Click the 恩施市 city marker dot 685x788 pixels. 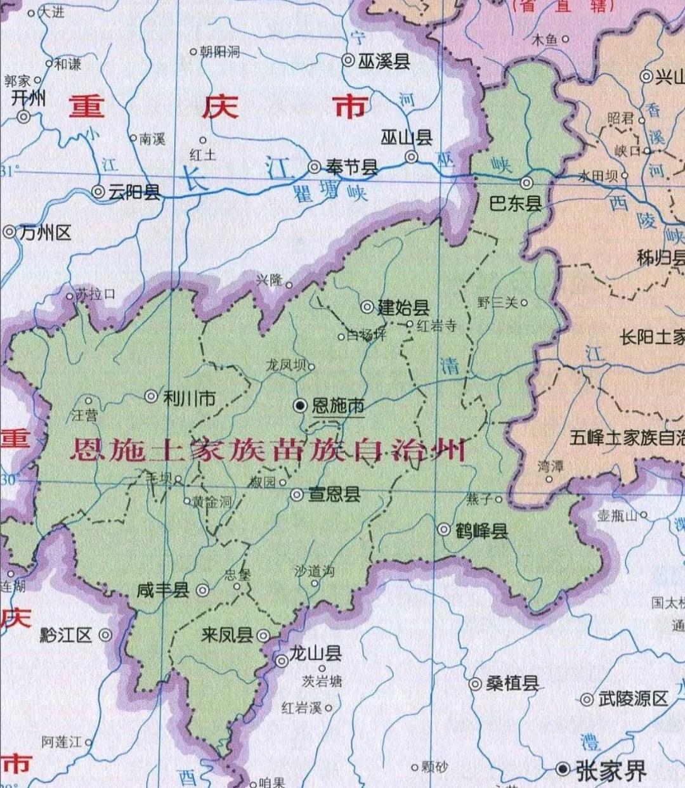pos(301,406)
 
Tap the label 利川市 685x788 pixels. pos(190,398)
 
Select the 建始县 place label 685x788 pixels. pos(404,308)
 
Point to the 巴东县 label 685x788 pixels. pos(516,203)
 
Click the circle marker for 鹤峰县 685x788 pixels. pos(445,529)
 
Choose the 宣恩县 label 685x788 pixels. pos(334,494)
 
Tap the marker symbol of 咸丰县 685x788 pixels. pos(202,590)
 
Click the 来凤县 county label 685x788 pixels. pos(226,635)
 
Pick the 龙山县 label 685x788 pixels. pos(315,654)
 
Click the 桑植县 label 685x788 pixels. pos(512,683)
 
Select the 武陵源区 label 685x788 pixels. pos(633,699)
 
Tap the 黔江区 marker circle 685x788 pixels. pos(105,635)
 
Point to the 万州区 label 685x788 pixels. pos(45,233)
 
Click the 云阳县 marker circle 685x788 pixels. pos(98,191)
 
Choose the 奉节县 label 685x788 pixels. pos(352,167)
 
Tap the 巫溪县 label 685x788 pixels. pos(384,61)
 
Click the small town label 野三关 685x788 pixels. pos(498,303)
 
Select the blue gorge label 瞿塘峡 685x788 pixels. pos(330,191)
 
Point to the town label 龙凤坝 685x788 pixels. pos(286,366)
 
